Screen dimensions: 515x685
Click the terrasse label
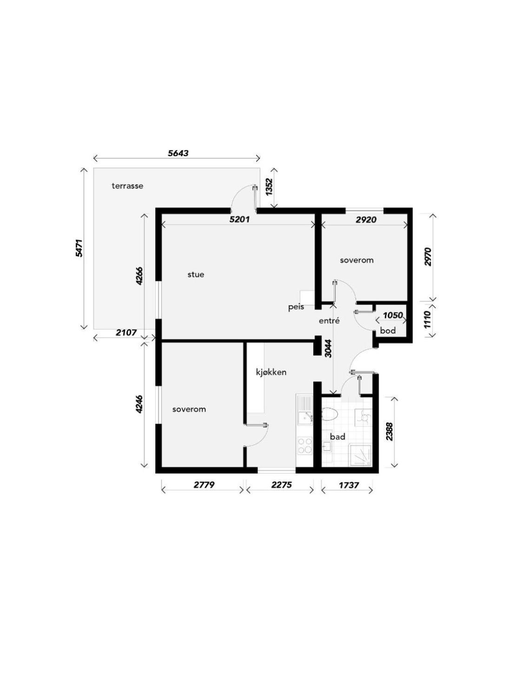pos(127,186)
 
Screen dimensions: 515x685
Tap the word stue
pos(196,275)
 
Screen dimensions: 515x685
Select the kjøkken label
pos(271,372)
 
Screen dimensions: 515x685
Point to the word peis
pos(296,307)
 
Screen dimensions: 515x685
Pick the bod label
pos(388,331)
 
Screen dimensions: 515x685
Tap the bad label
pos(337,437)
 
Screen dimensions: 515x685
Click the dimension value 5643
pos(178,153)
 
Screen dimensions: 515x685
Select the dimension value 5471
pos(79,248)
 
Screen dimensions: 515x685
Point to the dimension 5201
pos(239,219)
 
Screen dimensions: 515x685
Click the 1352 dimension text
pos(270,187)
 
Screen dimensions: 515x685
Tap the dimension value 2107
pos(126,333)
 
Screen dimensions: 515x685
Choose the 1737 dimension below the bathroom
pos(349,485)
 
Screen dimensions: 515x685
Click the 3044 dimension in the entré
pos(327,349)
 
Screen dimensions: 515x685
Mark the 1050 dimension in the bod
pos(393,315)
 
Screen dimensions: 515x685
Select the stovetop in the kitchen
pos(305,446)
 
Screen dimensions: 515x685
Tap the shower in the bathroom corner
pos(361,456)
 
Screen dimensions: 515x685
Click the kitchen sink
pos(305,412)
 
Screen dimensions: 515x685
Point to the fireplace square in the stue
pos(307,298)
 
